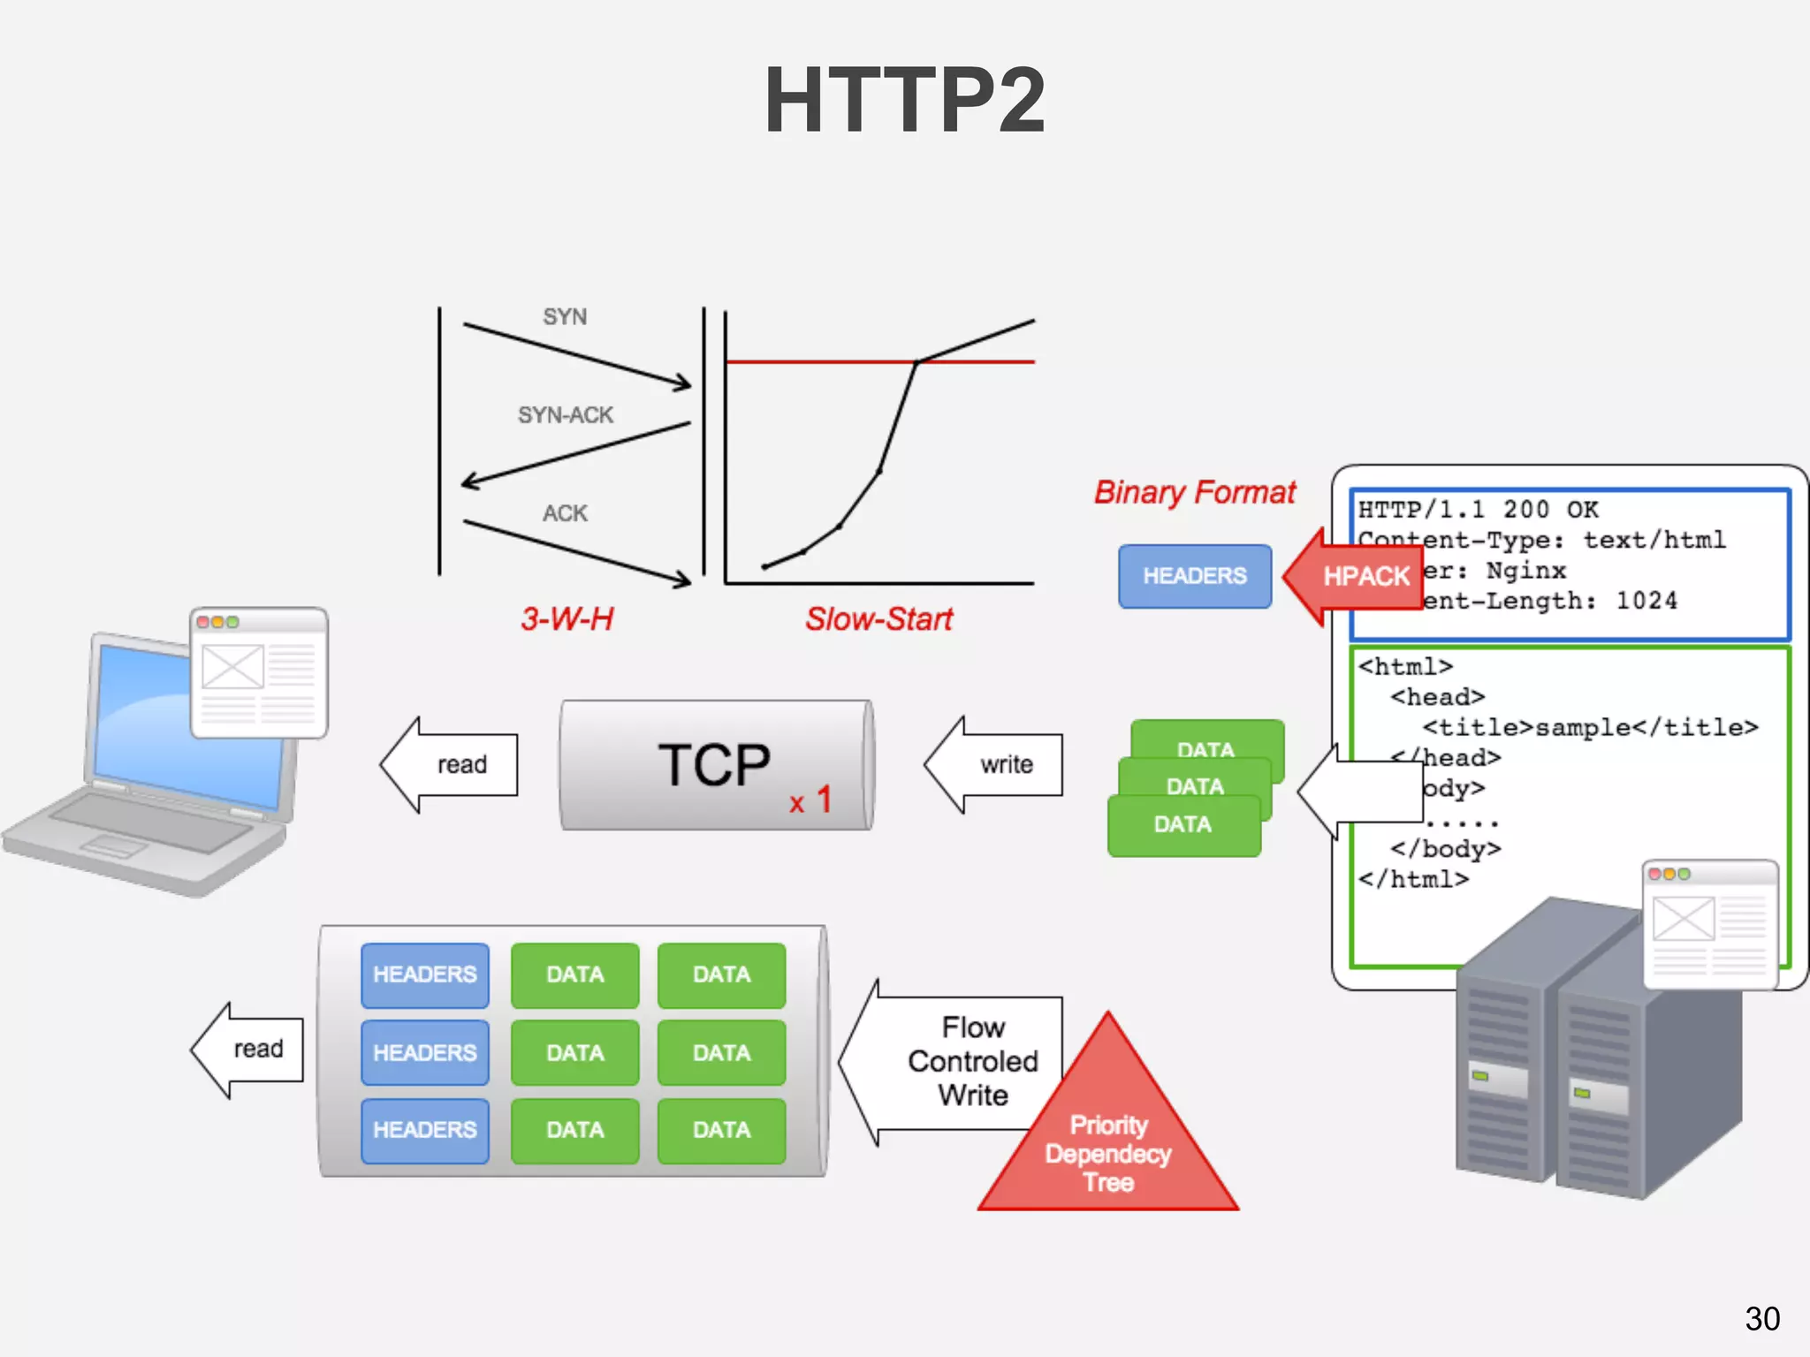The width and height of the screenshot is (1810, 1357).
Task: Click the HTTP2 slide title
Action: point(904,100)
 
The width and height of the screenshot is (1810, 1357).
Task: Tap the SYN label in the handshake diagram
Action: point(565,316)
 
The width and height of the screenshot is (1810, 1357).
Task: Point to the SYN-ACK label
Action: point(566,415)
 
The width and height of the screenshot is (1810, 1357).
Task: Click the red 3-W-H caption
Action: point(567,618)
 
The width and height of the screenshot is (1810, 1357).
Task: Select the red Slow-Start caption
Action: point(878,618)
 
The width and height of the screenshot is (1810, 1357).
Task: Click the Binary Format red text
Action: point(1195,492)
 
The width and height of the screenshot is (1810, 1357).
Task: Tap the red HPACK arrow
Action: point(1357,576)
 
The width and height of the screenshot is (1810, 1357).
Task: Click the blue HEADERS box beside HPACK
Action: point(1195,576)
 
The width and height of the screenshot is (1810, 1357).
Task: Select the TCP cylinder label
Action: point(714,764)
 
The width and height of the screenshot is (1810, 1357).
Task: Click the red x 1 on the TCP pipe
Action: point(810,800)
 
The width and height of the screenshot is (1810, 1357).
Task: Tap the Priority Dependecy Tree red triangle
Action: point(1108,1149)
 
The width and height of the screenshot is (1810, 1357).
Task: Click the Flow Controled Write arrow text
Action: point(972,1061)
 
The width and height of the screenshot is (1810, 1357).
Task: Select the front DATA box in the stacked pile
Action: point(1183,825)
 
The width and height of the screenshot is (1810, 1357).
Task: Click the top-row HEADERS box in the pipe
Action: point(425,974)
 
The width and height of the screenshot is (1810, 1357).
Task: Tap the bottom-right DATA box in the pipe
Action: point(721,1130)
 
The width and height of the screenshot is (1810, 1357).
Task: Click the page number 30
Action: point(1762,1318)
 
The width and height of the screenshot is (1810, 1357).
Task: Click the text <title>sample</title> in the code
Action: point(1590,727)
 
